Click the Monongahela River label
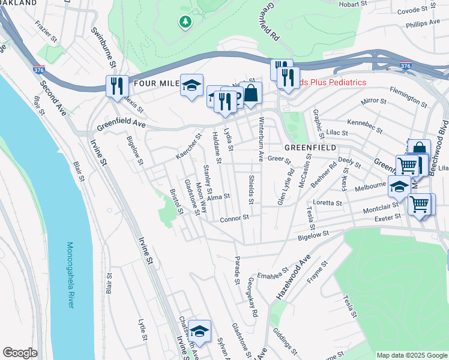point(70,275)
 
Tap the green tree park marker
point(185,22)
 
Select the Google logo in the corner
point(20,353)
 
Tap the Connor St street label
point(234,219)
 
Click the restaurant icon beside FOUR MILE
point(116,85)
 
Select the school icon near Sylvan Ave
point(199,331)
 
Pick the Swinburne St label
point(100,40)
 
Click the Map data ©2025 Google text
point(411,355)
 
